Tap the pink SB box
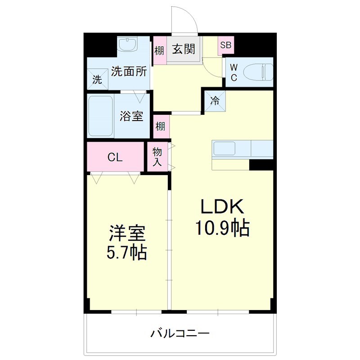pyautogui.click(x=225, y=45)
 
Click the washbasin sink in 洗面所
pyautogui.click(x=129, y=45)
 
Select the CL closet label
pyautogui.click(x=115, y=157)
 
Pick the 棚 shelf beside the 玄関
pyautogui.click(x=159, y=50)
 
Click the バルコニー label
pyautogui.click(x=180, y=334)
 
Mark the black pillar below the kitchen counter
pyautogui.click(x=261, y=164)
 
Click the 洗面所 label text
pyautogui.click(x=129, y=72)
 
